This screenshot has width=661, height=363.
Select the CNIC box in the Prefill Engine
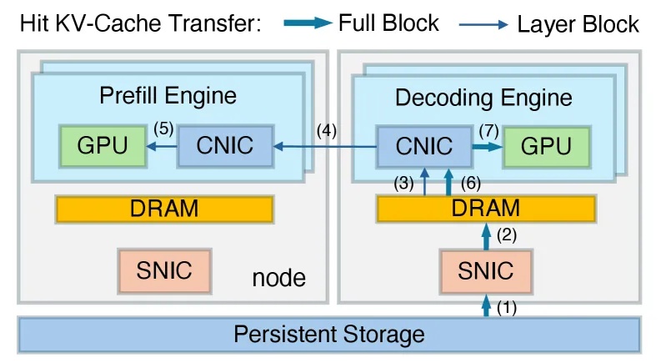tap(225, 145)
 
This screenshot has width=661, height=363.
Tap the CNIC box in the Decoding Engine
tap(423, 146)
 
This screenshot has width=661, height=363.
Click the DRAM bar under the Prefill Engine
tap(164, 209)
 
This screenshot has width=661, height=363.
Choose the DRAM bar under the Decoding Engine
tap(486, 209)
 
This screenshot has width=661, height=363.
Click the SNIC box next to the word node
tap(163, 270)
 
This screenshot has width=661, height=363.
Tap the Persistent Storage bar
tap(329, 335)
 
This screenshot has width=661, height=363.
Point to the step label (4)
tap(327, 129)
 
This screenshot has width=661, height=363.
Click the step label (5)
tap(163, 129)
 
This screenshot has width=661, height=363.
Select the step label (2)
tap(507, 236)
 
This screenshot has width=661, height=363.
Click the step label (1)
tap(507, 308)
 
